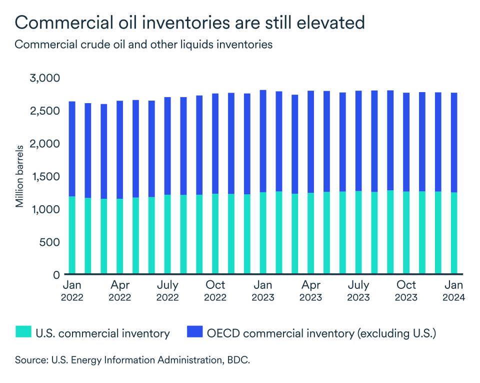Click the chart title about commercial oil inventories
tap(189, 23)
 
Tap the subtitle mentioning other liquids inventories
tap(143, 45)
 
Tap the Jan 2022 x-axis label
tap(72, 291)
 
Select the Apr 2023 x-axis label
tap(311, 291)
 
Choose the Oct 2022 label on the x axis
tap(215, 291)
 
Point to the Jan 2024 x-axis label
tap(454, 291)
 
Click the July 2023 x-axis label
tap(358, 291)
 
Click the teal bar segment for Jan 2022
tap(72, 235)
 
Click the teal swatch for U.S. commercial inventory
tap(23, 333)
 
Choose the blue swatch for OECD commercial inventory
tap(193, 333)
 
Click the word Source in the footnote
tap(29, 360)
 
